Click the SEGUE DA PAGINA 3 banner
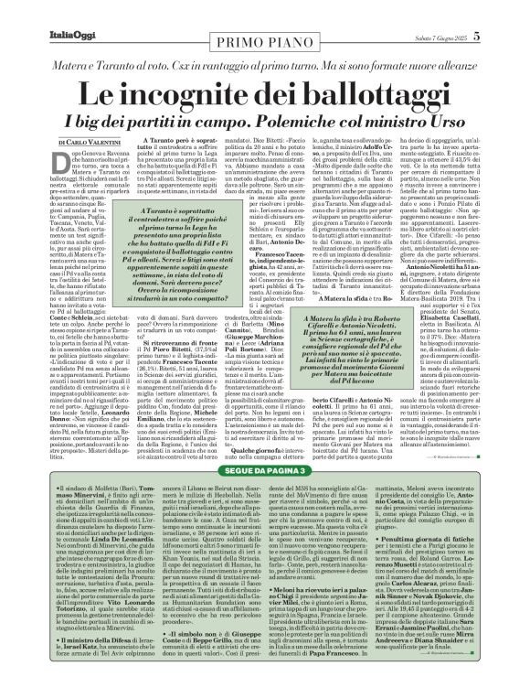tap(265, 467)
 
